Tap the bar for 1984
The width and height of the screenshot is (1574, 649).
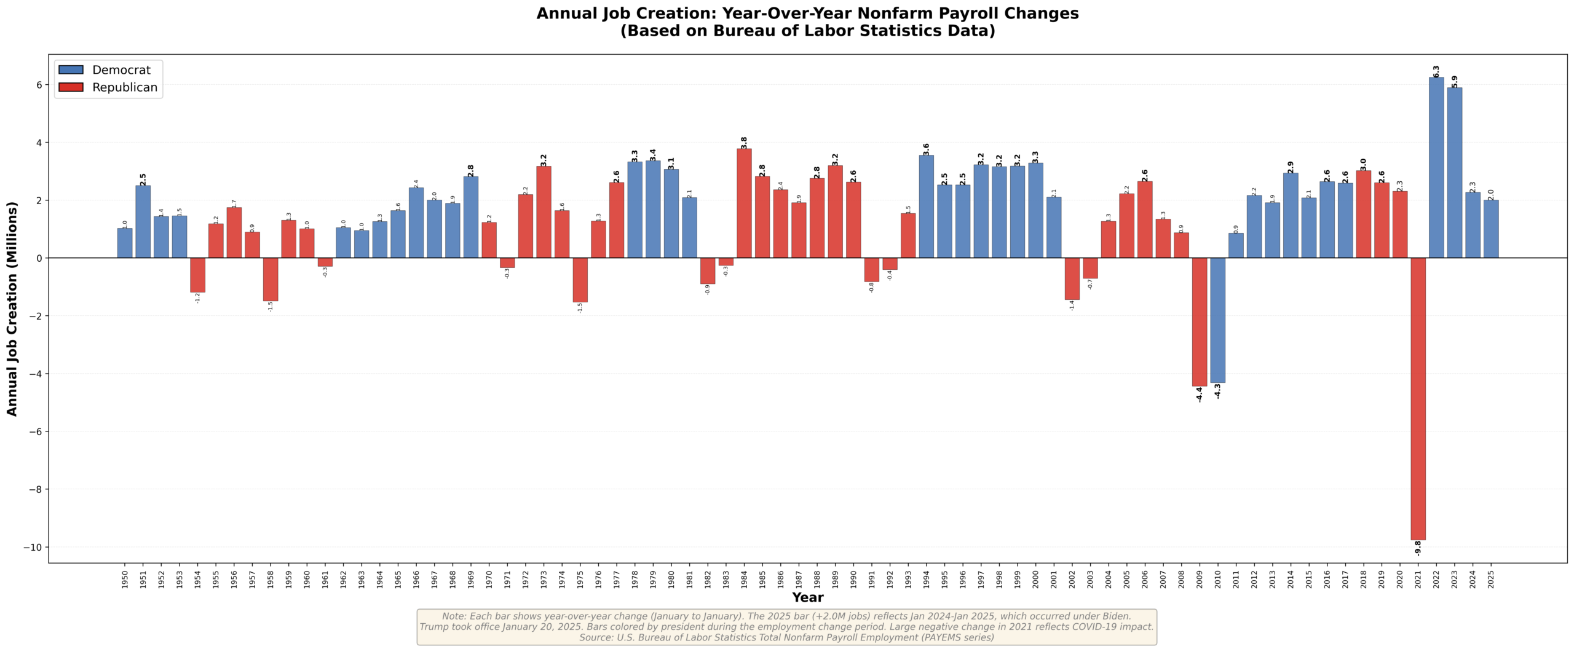744,203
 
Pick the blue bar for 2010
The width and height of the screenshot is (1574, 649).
1217,320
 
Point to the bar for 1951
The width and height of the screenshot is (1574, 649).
143,221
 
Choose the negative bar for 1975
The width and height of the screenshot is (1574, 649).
580,280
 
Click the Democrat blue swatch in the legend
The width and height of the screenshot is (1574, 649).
71,70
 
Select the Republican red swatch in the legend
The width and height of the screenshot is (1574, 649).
71,87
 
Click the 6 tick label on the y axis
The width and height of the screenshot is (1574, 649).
39,85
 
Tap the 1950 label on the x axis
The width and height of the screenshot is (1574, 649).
125,580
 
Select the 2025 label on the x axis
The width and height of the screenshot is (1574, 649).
1491,580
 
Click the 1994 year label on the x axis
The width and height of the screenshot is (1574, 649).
926,580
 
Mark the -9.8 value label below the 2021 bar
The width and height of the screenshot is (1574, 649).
1418,548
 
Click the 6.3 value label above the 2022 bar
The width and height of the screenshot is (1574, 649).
1436,71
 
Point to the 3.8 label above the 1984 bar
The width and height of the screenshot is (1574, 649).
744,143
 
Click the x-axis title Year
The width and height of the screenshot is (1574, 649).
807,597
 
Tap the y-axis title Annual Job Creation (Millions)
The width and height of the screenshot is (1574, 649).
12,309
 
